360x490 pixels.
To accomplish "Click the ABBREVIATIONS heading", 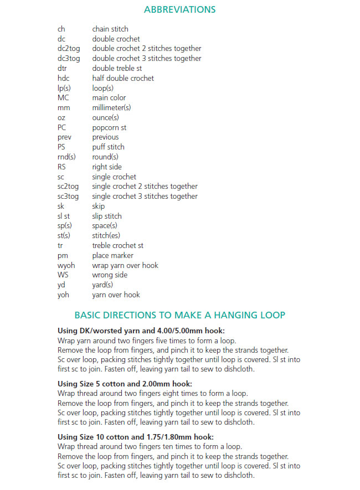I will point(179,9).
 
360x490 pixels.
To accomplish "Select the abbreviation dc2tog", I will point(69,49).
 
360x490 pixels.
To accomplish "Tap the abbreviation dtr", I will point(63,68).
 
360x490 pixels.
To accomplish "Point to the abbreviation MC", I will point(63,98).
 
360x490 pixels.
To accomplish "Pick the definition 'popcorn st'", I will point(110,127).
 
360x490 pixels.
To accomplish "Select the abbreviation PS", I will point(61,147).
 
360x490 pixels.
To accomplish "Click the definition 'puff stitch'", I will point(108,147).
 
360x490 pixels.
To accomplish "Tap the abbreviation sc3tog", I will point(68,196).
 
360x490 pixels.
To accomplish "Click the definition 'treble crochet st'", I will point(117,245).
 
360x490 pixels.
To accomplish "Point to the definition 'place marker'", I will point(112,255).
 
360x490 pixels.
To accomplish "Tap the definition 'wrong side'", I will point(110,275).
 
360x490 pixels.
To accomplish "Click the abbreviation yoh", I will point(63,295).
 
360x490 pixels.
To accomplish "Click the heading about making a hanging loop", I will point(179,315).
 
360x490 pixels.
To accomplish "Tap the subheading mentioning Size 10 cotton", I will point(136,436).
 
